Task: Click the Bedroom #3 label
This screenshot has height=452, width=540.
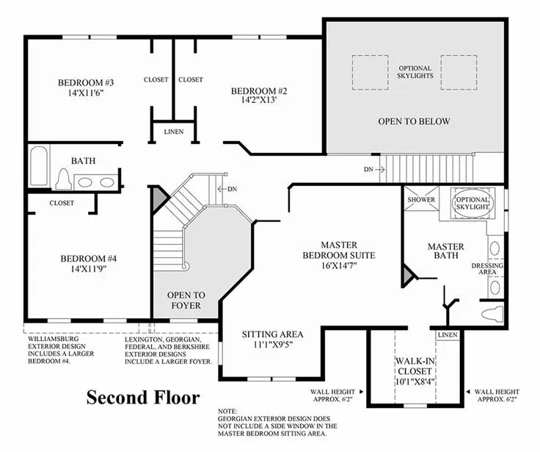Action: click(86, 83)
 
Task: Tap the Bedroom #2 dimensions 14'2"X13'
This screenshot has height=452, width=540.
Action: click(259, 100)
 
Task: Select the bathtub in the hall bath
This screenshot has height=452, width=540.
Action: click(39, 166)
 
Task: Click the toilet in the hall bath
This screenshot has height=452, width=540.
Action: click(64, 179)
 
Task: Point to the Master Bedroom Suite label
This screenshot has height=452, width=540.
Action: click(339, 250)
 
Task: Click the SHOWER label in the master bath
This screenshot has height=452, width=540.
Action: click(421, 199)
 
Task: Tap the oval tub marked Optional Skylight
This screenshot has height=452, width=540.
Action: click(472, 204)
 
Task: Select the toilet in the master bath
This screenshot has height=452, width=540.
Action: click(492, 314)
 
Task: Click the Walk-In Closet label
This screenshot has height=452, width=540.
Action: click(415, 366)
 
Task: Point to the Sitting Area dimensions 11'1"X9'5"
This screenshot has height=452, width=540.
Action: click(272, 345)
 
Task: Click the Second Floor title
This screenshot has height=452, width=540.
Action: click(143, 397)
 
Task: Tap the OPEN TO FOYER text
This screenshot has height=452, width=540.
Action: click(186, 300)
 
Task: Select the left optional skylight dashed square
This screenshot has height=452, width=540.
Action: click(371, 73)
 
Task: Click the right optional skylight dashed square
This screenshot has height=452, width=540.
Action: click(459, 73)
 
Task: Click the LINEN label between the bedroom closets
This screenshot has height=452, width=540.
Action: click(174, 132)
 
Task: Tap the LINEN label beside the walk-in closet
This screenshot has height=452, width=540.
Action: click(448, 334)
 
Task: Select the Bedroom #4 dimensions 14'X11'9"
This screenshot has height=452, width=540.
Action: click(88, 269)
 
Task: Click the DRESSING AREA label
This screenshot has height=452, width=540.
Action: click(487, 269)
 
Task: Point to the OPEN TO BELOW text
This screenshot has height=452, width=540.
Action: click(414, 121)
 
